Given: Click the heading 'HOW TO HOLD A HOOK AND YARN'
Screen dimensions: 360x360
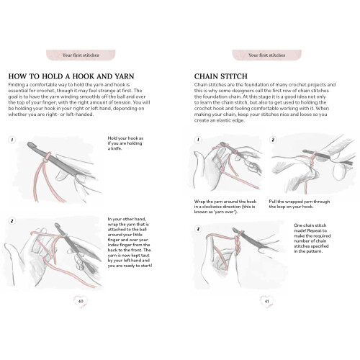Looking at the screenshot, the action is [71, 76].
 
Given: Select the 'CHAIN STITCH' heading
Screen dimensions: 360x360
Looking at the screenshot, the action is [221, 76].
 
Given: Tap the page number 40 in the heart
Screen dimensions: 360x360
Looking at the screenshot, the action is [81, 301].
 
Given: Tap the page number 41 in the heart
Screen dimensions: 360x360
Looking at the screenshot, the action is [266, 301].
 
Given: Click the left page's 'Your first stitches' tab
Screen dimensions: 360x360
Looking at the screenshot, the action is [81, 55].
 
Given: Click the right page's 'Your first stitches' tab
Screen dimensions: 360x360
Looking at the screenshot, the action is [267, 55].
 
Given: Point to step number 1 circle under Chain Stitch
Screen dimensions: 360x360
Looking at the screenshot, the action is [198, 140].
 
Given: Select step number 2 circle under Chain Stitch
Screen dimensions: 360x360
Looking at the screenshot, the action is [273, 140].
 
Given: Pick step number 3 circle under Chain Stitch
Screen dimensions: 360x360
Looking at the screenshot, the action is [198, 229].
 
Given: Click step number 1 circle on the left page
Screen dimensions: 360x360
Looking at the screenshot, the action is [12, 140].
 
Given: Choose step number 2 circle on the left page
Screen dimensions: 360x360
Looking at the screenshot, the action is [12, 221].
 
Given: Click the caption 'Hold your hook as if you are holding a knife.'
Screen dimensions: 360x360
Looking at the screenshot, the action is [125, 143].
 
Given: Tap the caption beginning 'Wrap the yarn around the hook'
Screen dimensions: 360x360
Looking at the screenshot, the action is [225, 207].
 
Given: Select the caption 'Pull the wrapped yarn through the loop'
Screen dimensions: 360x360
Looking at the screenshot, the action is [300, 204].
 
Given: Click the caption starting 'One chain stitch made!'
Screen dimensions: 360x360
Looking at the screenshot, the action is [312, 238].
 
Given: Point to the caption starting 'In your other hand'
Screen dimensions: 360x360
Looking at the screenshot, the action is [130, 243].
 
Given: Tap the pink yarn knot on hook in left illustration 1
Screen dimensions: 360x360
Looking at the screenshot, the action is [47, 157].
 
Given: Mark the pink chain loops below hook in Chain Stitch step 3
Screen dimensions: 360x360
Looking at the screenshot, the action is [236, 243].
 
